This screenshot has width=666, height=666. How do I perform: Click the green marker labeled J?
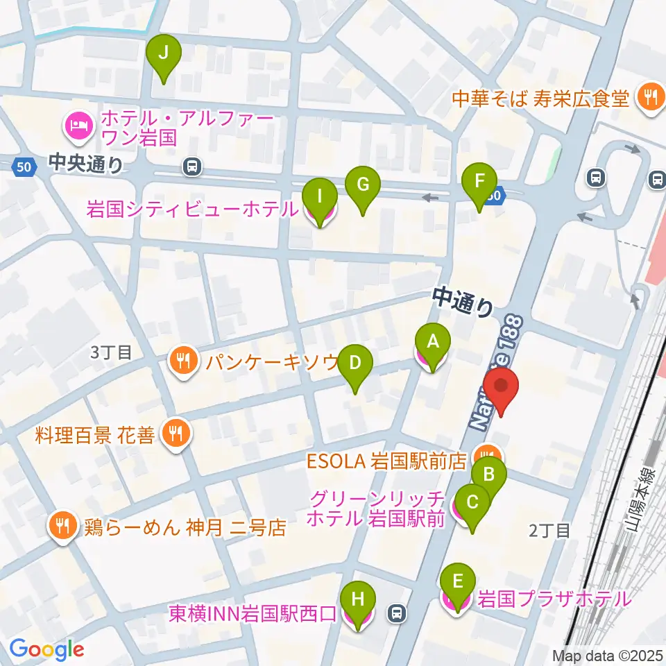pos(164,53)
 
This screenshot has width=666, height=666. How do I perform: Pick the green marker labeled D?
pos(355,364)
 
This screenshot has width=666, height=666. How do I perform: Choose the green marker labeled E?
pos(457,583)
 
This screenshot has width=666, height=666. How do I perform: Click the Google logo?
pos(46,649)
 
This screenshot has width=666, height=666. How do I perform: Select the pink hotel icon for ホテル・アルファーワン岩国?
pos(76,125)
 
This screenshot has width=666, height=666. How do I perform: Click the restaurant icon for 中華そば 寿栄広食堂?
pos(650,97)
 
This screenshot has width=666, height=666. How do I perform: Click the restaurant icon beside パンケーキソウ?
pos(182,361)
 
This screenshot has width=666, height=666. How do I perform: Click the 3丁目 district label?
pos(111,352)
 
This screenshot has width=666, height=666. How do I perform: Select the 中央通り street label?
pos(86,164)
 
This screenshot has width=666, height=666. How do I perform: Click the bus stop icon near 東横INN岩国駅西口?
pos(397,613)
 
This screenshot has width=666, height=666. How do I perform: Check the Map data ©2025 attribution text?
pos(607,655)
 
